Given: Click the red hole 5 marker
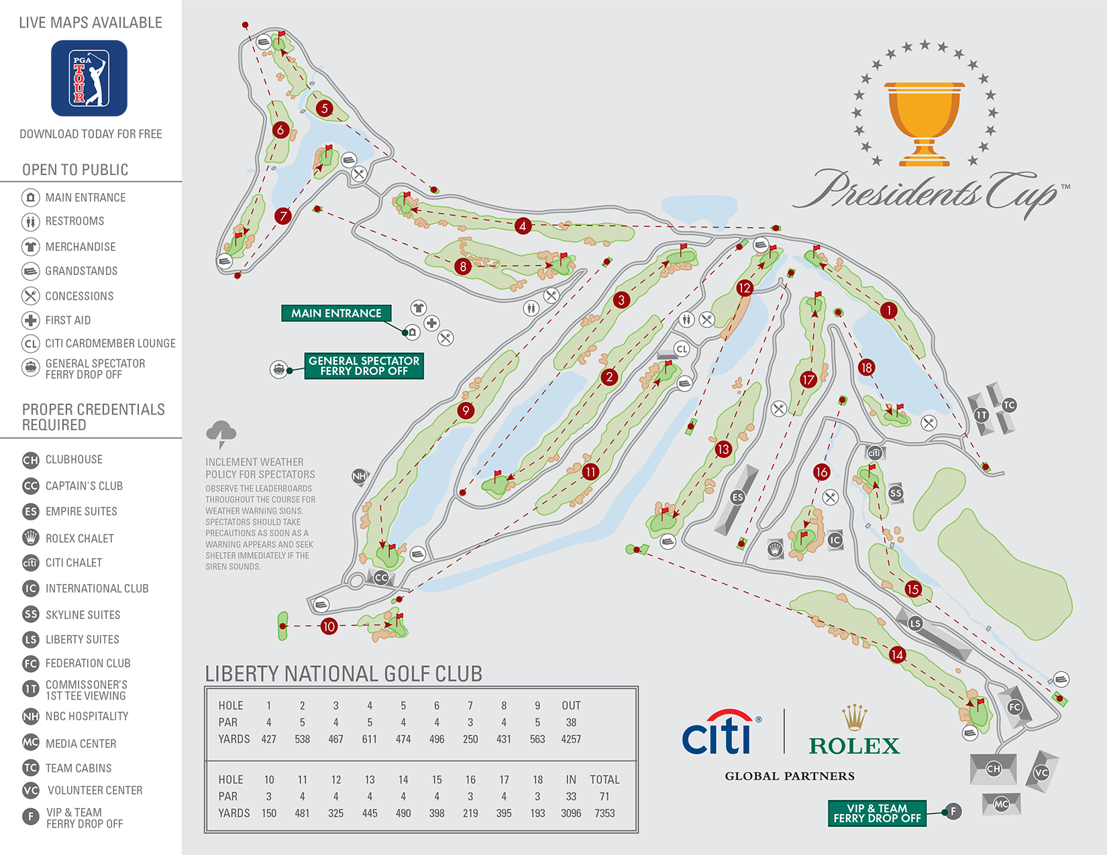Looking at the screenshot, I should pos(325,108).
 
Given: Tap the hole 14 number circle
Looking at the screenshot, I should pos(897,654).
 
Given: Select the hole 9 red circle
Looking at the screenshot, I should pos(466,410).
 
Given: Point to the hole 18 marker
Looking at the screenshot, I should pos(866,367).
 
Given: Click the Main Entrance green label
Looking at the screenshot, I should pos(336,313).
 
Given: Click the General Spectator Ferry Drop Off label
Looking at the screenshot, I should pos(364,366).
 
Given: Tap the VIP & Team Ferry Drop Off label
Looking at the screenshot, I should pos(877,813).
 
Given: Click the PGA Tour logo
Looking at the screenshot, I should pos(89,78).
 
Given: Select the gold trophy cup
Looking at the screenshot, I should pos(924,123).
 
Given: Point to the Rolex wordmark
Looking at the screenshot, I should pos(854,746).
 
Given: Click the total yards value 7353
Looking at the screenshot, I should pos(604,813).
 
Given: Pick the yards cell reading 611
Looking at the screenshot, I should pos(369,739).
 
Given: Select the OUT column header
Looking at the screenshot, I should pos(571,705).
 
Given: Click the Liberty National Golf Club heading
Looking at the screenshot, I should pos(344,673).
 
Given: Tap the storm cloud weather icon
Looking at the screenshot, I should pos(221,433).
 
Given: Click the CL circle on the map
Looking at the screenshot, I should pos(682,349).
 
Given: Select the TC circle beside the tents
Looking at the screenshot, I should pos(1009,405).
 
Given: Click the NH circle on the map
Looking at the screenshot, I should pos(360,476).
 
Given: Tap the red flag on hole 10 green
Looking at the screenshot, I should pos(400,616).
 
